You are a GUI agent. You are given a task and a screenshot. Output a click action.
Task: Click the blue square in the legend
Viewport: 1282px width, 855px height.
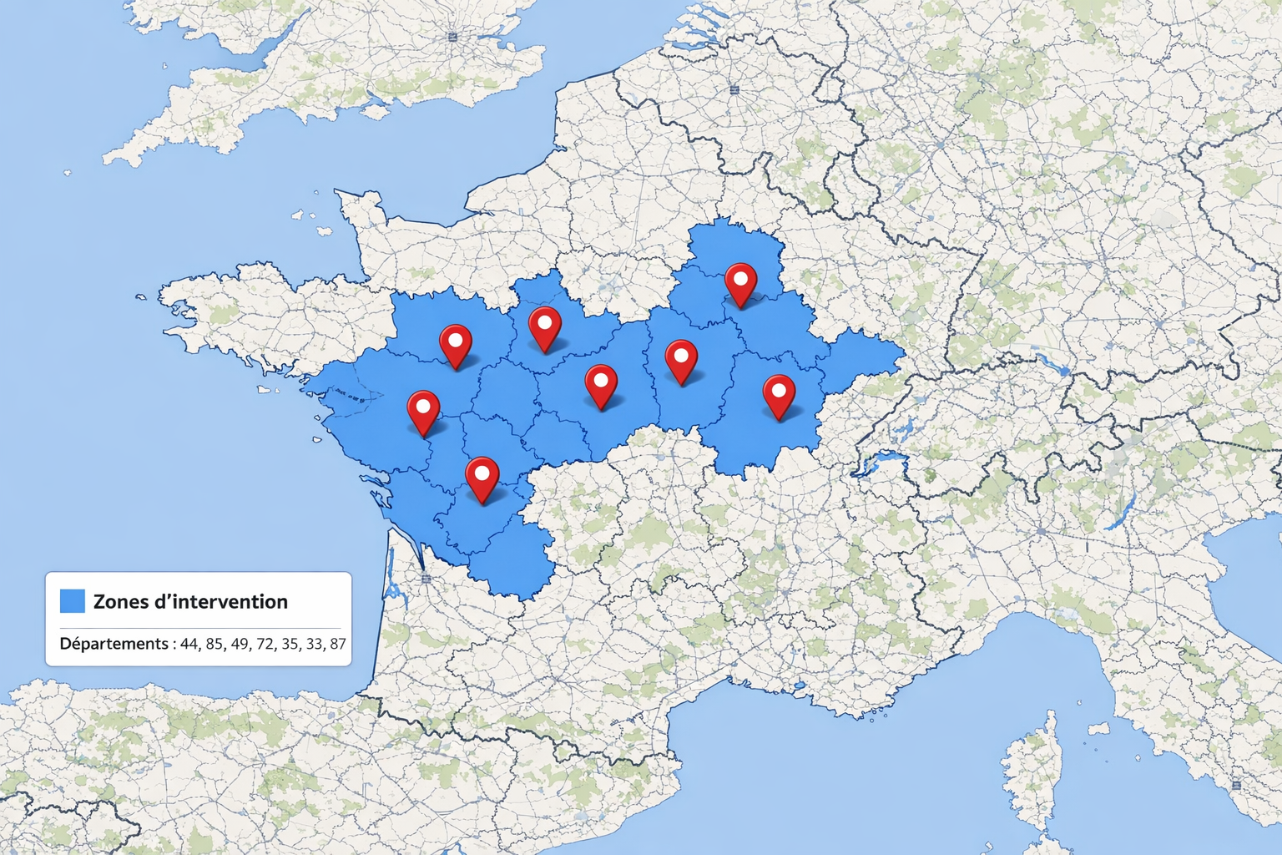pyautogui.click(x=73, y=601)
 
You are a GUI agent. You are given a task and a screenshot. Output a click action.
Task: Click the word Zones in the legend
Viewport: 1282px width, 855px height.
pyautogui.click(x=118, y=602)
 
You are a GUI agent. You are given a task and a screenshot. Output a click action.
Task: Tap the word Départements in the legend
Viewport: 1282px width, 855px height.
pyautogui.click(x=114, y=644)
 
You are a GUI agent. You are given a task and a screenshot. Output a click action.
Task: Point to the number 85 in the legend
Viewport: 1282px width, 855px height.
pyautogui.click(x=215, y=644)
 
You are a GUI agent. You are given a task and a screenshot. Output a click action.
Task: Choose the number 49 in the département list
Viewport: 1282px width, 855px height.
pyautogui.click(x=240, y=644)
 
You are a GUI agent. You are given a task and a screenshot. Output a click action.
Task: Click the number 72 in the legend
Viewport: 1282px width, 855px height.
pyautogui.click(x=265, y=644)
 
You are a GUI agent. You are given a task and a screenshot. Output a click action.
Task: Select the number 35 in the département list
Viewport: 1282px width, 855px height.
pyautogui.click(x=289, y=644)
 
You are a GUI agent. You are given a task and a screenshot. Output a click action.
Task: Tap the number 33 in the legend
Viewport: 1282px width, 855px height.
pyautogui.click(x=314, y=644)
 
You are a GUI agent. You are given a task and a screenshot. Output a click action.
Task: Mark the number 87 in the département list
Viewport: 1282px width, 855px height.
pyautogui.click(x=337, y=644)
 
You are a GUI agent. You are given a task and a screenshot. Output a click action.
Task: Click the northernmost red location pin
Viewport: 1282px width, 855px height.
pyautogui.click(x=740, y=282)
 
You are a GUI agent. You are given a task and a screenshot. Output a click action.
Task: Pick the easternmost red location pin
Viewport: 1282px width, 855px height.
pyautogui.click(x=779, y=395)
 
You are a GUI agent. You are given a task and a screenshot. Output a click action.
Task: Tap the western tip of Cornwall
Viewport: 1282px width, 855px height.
pyautogui.click(x=109, y=159)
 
